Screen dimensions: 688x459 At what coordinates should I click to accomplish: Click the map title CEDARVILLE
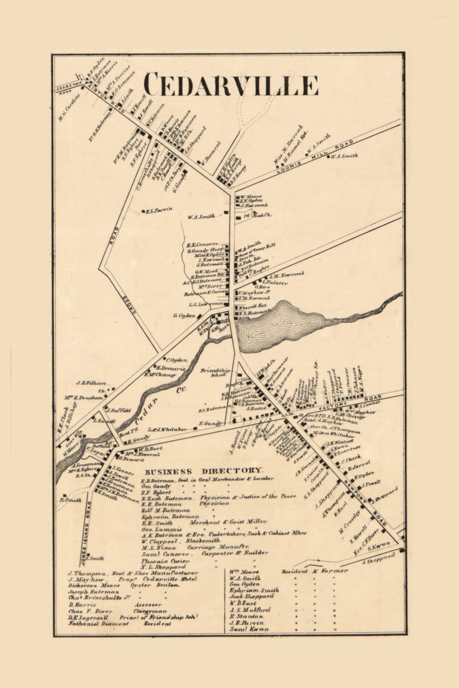(231, 85)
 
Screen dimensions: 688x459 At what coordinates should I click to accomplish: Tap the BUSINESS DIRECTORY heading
(204, 470)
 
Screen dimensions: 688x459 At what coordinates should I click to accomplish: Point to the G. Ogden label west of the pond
(184, 315)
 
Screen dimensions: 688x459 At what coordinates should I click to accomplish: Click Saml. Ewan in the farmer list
(249, 629)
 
